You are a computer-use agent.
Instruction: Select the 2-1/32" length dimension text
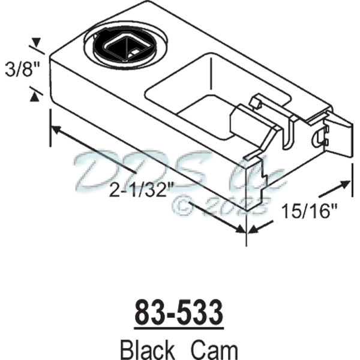tap(142, 191)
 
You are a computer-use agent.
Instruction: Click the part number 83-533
tap(179, 313)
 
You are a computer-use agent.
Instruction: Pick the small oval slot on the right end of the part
tap(319, 138)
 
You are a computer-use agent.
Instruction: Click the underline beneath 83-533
tap(179, 327)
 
